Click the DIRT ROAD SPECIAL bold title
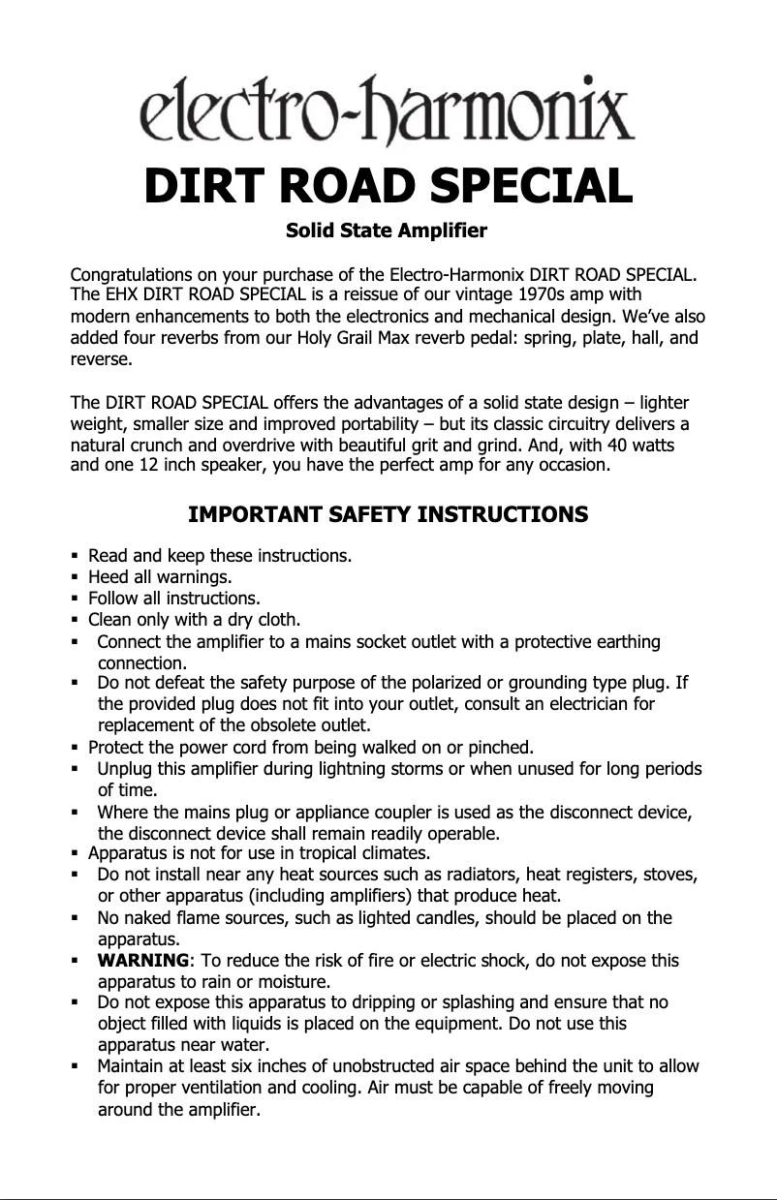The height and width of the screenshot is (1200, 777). click(x=388, y=186)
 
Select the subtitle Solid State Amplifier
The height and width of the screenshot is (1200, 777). click(x=388, y=232)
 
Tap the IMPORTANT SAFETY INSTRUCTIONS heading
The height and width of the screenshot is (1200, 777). click(x=388, y=514)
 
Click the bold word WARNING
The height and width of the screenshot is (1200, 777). click(x=143, y=961)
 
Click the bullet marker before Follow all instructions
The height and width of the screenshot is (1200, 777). click(x=75, y=599)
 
